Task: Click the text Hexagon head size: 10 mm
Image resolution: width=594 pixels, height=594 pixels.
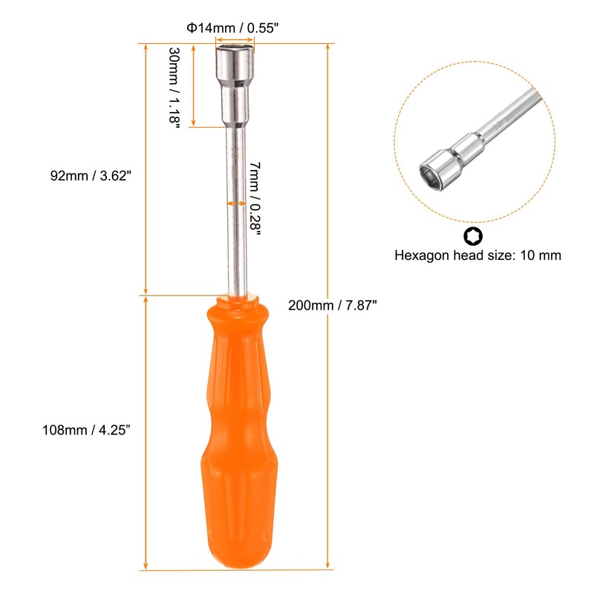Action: pyautogui.click(x=477, y=255)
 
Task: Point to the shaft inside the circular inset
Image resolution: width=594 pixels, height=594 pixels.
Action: pyautogui.click(x=505, y=119)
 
